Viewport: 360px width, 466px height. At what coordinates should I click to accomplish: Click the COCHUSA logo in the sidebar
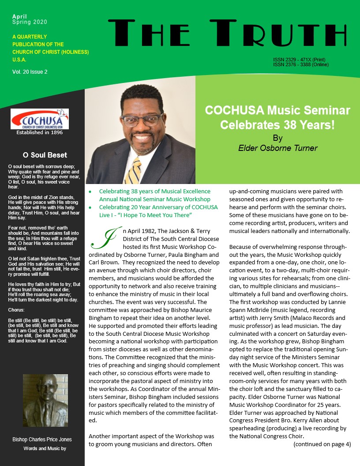[40, 119]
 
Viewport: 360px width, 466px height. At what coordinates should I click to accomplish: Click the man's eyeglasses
[141, 119]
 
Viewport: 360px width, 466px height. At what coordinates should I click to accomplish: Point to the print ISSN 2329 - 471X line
[299, 60]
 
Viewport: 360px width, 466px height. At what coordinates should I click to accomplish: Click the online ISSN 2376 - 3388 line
[301, 64]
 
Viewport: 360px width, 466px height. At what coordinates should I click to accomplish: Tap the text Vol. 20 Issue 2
[30, 71]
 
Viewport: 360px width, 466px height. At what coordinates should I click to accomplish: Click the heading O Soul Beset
[45, 155]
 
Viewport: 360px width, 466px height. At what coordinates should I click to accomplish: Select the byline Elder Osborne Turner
[277, 148]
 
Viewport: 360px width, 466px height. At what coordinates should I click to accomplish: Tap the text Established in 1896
[40, 132]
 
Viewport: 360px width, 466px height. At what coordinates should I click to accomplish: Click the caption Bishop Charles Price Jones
[42, 440]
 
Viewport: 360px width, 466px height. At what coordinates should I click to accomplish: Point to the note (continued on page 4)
[322, 444]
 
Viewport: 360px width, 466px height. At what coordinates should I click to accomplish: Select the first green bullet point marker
[90, 192]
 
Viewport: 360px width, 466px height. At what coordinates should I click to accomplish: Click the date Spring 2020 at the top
[30, 22]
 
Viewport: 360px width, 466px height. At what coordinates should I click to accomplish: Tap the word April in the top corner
[19, 16]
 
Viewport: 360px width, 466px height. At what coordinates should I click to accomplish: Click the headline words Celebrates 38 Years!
[277, 124]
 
